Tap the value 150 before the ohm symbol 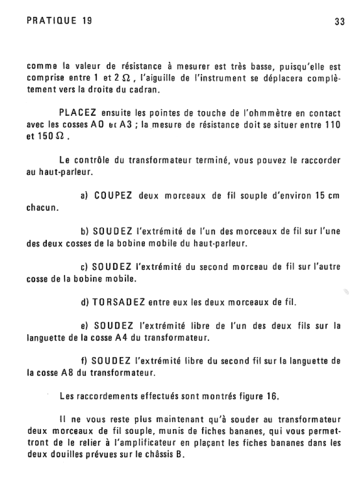click(47, 139)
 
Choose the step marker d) click(85, 303)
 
